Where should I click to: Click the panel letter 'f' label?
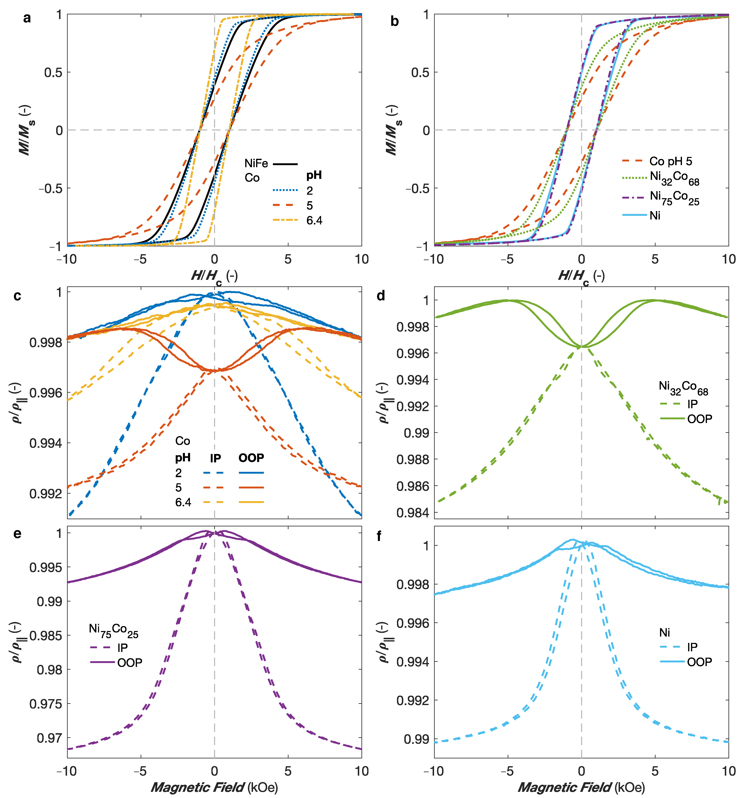point(379,536)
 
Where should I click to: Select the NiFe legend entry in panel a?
point(271,164)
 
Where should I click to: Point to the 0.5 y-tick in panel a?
point(53,73)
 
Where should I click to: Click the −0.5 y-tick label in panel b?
point(417,188)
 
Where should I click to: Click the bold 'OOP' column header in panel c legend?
point(251,458)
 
